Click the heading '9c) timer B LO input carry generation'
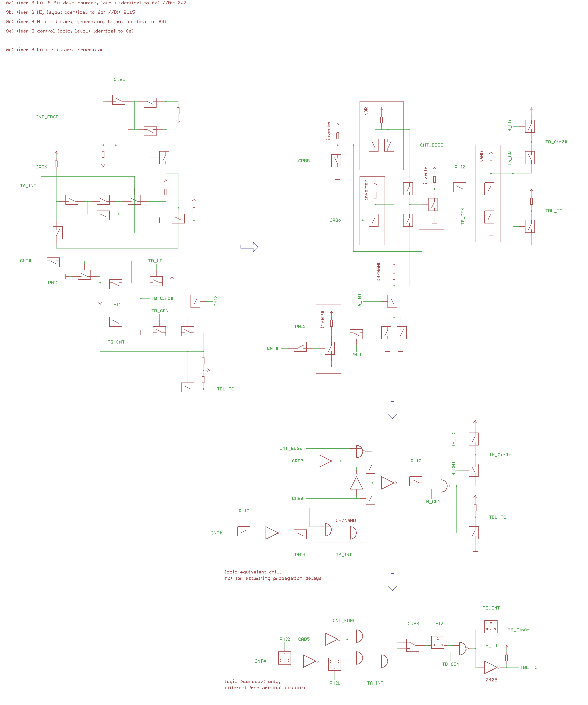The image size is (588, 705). click(x=55, y=50)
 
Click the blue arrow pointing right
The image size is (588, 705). click(x=249, y=247)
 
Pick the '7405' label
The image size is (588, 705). click(x=491, y=680)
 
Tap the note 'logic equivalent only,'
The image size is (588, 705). click(x=253, y=572)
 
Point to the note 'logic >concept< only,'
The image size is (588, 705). click(x=252, y=681)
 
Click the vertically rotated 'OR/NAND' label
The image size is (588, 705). click(x=379, y=271)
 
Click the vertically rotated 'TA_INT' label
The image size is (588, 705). click(x=359, y=301)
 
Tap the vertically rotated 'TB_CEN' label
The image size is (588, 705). click(x=463, y=216)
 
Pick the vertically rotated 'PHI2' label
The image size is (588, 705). click(x=216, y=301)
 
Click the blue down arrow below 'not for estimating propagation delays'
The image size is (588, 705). click(x=392, y=582)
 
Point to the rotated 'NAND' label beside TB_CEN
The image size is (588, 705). click(x=482, y=157)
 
